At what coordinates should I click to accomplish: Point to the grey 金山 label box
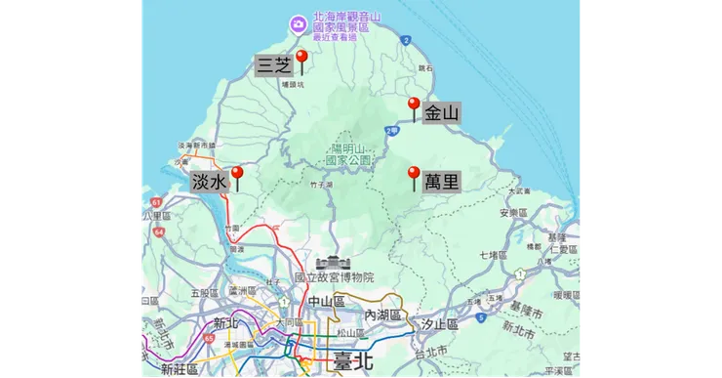441,113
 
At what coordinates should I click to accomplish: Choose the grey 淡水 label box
209,182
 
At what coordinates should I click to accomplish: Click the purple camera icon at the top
296,22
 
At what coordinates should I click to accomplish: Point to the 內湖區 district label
383,315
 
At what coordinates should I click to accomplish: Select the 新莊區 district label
180,369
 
